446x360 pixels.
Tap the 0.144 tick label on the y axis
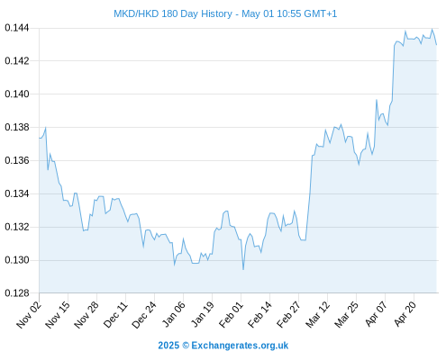pyautogui.click(x=17, y=28)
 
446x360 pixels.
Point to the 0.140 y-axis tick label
pyautogui.click(x=17, y=94)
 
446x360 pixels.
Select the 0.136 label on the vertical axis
pyautogui.click(x=17, y=160)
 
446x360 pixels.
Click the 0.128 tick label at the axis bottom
pyautogui.click(x=17, y=293)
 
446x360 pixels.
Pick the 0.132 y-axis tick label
pyautogui.click(x=17, y=227)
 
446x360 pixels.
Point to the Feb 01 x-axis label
pyautogui.click(x=231, y=314)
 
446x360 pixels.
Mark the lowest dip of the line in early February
pyautogui.click(x=243, y=269)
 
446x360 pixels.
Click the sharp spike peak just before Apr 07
pyautogui.click(x=377, y=100)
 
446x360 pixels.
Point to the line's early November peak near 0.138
pyautogui.click(x=46, y=128)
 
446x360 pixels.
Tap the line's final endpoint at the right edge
pyautogui.click(x=436, y=45)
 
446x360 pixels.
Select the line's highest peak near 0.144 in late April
pyautogui.click(x=432, y=30)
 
